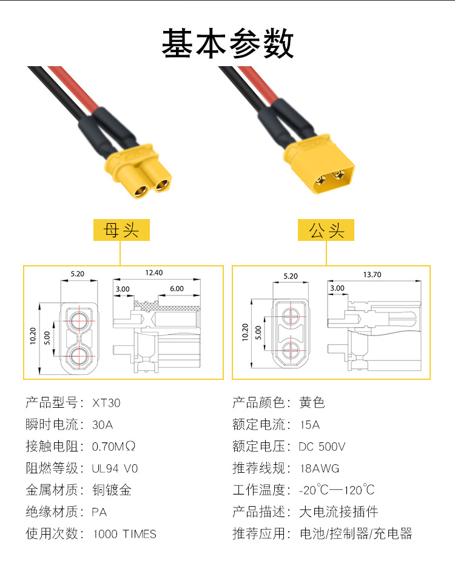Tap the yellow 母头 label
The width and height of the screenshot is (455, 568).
tap(121, 230)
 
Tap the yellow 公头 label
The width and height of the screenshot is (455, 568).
tap(326, 230)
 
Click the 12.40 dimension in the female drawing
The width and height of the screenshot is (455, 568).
tap(154, 273)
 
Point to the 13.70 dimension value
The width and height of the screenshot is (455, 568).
tap(372, 274)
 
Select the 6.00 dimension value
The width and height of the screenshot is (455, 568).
tap(177, 289)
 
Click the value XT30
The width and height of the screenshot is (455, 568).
tap(107, 403)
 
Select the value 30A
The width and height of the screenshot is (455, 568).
tap(103, 425)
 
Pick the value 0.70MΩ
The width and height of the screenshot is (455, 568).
tap(113, 447)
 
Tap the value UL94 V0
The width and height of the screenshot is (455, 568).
tap(115, 468)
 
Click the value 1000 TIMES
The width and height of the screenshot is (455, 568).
tap(124, 534)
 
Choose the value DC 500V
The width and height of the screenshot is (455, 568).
tap(322, 447)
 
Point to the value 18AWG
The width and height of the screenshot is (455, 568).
tap(320, 468)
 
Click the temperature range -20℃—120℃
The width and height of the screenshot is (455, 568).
tap(337, 490)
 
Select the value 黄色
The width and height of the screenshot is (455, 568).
tap(312, 402)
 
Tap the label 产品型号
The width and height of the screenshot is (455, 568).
tap(53, 402)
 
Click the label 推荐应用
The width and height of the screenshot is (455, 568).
tap(260, 534)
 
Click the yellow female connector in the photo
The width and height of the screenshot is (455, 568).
tap(143, 173)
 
